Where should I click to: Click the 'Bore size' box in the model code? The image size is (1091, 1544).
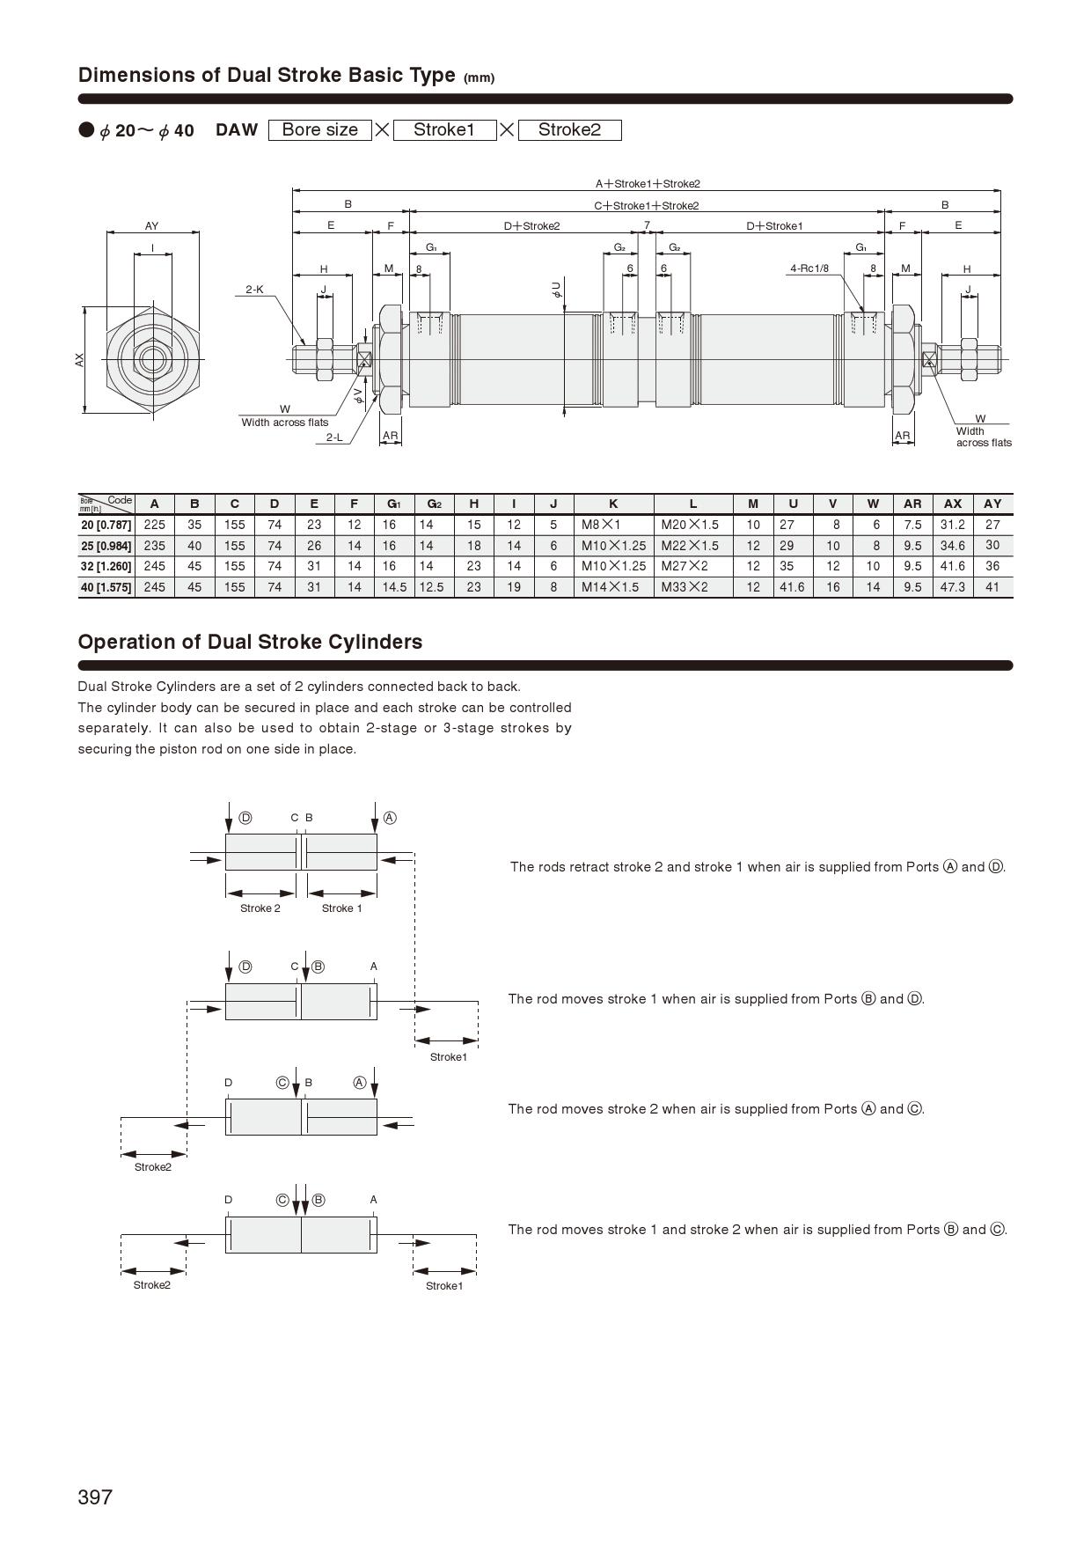(x=319, y=130)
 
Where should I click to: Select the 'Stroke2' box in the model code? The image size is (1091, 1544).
(x=569, y=130)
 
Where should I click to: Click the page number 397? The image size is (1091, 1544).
(x=95, y=1496)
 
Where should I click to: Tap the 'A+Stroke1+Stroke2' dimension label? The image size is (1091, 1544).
(x=648, y=184)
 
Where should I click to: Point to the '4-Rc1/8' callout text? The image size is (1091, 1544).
(x=809, y=268)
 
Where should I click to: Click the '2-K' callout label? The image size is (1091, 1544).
(x=254, y=290)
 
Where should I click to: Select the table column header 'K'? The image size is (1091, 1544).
(x=613, y=504)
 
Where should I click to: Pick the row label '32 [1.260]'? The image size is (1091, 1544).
(x=106, y=566)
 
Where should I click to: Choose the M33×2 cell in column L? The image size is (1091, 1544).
(x=685, y=587)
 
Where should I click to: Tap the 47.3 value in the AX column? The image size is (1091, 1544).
(x=952, y=587)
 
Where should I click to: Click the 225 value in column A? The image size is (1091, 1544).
(x=154, y=525)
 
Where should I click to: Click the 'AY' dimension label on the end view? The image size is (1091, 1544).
(x=152, y=226)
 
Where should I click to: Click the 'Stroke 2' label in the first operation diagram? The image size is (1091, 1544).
(x=260, y=908)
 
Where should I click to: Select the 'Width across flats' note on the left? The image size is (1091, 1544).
(x=285, y=423)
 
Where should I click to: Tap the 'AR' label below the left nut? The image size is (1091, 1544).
(x=391, y=436)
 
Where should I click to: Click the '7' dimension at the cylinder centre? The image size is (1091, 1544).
(x=647, y=225)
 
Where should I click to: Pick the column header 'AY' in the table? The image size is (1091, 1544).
(x=992, y=504)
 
